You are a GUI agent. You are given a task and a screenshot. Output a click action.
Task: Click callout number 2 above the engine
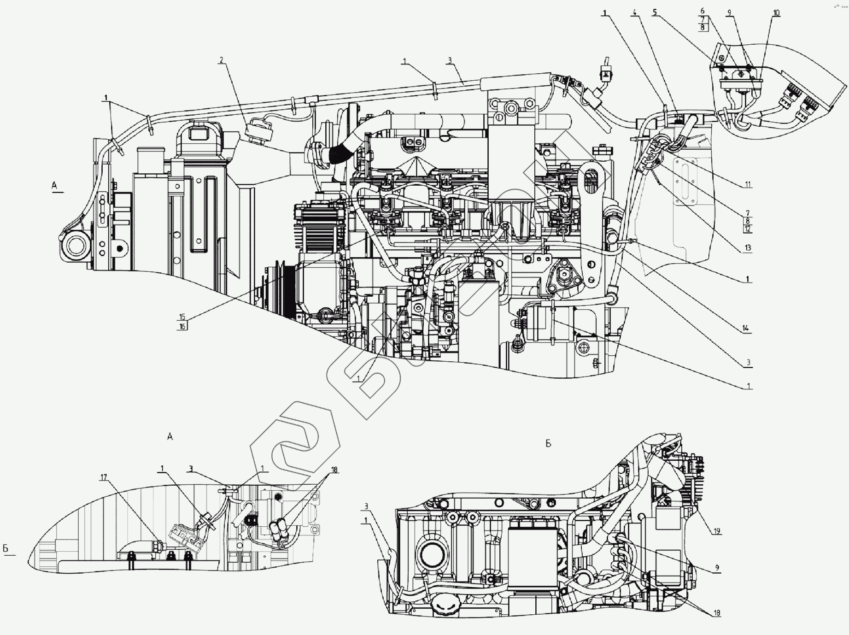[x=221, y=60]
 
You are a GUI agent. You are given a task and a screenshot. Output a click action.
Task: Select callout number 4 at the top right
[x=635, y=13]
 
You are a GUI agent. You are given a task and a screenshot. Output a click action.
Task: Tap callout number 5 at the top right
[x=654, y=13]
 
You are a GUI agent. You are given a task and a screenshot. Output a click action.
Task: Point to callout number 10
[x=776, y=13]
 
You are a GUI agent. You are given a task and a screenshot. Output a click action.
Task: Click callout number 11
[x=748, y=185]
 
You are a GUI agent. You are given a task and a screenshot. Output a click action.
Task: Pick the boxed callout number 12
[x=747, y=229]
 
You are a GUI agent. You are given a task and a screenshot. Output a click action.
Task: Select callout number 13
[x=747, y=248]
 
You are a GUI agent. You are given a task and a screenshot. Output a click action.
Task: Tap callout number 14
[x=745, y=329]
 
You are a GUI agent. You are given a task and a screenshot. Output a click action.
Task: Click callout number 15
[x=182, y=317]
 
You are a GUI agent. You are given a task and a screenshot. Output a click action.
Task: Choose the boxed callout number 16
[x=182, y=326]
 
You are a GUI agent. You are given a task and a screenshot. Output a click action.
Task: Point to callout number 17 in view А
[x=104, y=478]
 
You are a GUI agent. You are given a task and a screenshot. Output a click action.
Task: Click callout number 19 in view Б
[x=717, y=531]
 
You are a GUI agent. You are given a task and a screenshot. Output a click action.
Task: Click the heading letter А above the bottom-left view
[x=170, y=436]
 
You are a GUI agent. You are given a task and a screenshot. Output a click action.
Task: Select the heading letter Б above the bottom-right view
[x=548, y=443]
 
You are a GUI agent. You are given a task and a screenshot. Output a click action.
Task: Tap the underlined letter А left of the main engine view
[x=54, y=186]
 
